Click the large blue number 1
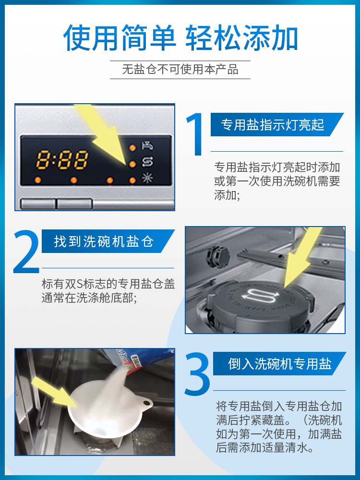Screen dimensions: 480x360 (x=195, y=135)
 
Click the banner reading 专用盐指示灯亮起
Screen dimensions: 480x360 (x=273, y=125)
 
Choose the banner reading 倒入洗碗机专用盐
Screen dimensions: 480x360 (x=279, y=363)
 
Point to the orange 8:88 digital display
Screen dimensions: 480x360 (x=62, y=160)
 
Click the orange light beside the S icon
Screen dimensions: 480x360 (x=132, y=164)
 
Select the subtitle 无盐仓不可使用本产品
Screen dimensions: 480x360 (x=180, y=70)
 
